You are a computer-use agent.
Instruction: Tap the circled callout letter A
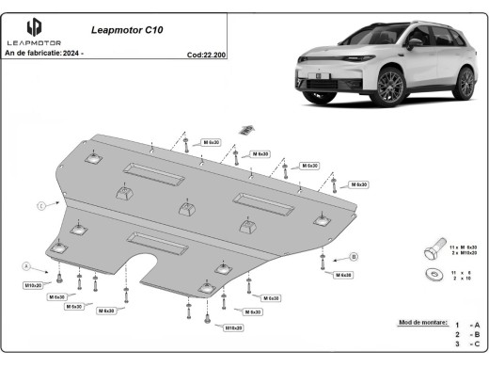point(27,265)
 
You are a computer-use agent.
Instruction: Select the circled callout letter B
point(354,256)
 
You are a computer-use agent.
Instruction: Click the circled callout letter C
point(41,204)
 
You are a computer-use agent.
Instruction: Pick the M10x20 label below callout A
point(33,284)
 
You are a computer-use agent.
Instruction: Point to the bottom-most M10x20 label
point(233,327)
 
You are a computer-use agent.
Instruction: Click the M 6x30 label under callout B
point(342,275)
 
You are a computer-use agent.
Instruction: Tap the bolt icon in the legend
point(432,249)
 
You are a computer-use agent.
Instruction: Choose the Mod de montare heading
point(424,321)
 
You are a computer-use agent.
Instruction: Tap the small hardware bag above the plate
point(249,129)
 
